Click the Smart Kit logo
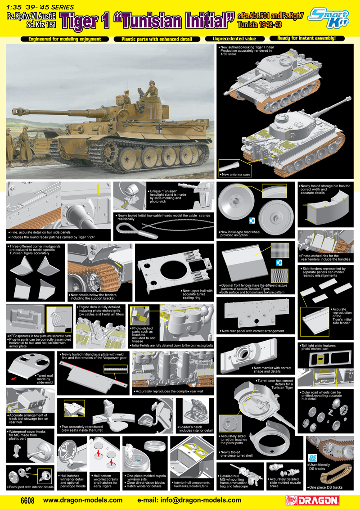pyautogui.click(x=336, y=18)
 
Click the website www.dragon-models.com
pyautogui.click(x=83, y=500)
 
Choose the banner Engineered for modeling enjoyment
pyautogui.click(x=64, y=39)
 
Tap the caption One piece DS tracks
pyautogui.click(x=325, y=487)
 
